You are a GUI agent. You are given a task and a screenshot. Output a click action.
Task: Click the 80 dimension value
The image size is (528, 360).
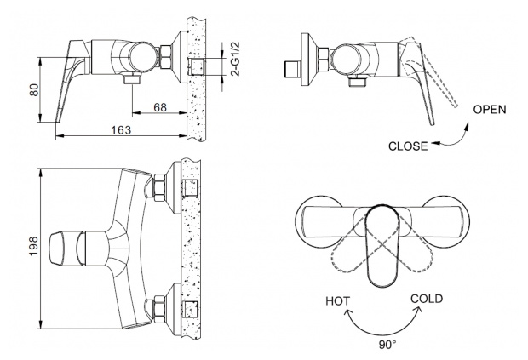[x=34, y=90]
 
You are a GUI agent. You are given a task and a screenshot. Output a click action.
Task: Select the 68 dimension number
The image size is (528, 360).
[x=160, y=107]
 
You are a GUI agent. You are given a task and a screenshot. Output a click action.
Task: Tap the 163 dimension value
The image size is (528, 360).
[x=121, y=129]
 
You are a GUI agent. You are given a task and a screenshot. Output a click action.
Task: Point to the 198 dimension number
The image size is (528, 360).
[x=34, y=246]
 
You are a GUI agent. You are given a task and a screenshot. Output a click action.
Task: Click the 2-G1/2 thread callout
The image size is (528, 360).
[x=237, y=60]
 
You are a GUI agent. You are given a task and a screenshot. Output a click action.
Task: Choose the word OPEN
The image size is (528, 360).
[x=490, y=110]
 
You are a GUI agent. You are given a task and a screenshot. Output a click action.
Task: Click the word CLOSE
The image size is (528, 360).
[x=407, y=146]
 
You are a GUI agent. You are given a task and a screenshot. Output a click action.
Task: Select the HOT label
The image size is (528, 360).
[x=338, y=301]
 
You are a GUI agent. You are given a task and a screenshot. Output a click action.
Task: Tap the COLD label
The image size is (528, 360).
[x=427, y=299]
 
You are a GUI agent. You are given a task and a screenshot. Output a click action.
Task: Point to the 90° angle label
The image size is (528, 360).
[x=387, y=345]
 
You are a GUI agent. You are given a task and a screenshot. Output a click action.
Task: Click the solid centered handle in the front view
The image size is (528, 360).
[x=383, y=247]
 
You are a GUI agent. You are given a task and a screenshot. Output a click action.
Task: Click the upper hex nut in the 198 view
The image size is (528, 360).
[x=159, y=187]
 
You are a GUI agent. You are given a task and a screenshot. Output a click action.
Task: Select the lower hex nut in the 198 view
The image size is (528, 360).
[x=159, y=309]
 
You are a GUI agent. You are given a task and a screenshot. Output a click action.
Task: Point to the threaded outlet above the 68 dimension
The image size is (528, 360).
[x=133, y=79]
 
